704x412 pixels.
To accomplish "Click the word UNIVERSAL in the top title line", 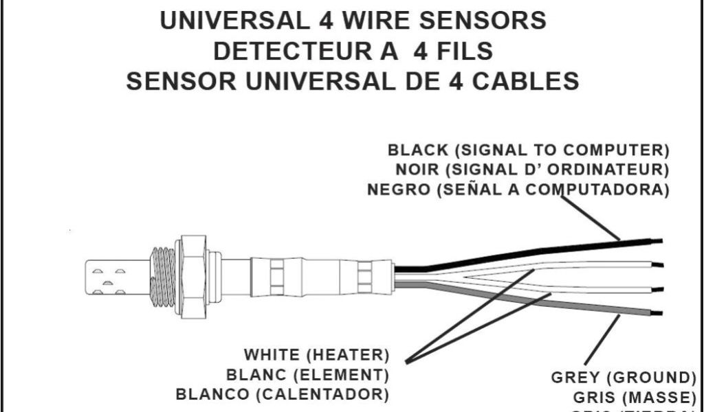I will click(x=233, y=21).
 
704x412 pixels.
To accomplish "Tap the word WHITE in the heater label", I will click(x=272, y=356).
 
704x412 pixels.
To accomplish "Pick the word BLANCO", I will click(x=212, y=395).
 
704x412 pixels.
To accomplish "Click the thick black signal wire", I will click(x=522, y=253).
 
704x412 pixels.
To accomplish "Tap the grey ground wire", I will click(x=522, y=300).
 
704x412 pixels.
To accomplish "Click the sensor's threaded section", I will click(x=163, y=276).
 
